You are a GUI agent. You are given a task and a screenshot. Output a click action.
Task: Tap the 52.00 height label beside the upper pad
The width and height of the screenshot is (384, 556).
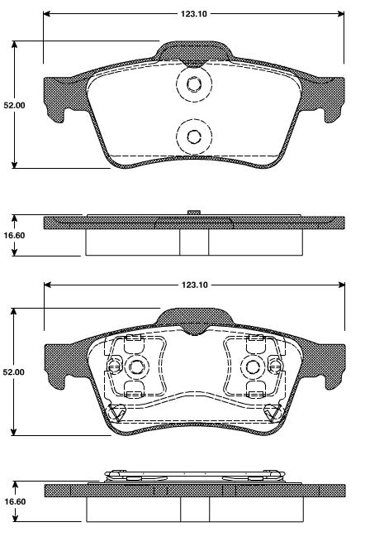click(x=14, y=106)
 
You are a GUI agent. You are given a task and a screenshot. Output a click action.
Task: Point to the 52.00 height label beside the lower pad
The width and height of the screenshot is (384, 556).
click(x=14, y=373)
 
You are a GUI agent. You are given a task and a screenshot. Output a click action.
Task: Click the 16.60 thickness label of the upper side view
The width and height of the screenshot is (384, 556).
click(x=14, y=236)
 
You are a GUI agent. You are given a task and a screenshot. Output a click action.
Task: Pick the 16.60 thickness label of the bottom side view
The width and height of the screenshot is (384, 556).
click(x=14, y=501)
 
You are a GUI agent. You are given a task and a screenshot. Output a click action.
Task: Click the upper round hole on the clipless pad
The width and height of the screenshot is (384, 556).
click(x=193, y=84)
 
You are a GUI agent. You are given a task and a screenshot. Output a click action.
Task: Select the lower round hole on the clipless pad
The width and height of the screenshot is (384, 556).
click(x=193, y=137)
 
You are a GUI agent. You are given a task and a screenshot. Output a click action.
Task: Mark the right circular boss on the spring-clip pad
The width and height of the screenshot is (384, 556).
click(x=251, y=367)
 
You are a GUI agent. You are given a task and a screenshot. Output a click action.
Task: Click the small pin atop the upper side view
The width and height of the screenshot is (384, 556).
click(x=193, y=213)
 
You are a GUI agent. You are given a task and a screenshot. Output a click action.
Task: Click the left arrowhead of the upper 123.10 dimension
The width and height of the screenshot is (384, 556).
click(x=47, y=14)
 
